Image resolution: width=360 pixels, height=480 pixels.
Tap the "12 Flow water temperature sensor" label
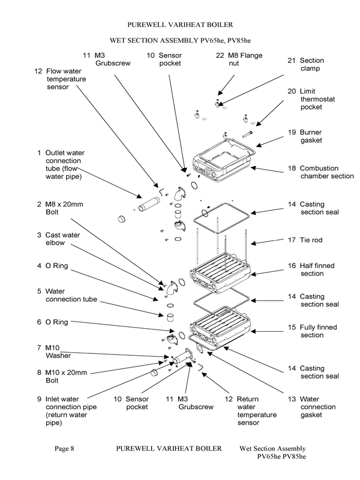[60, 79]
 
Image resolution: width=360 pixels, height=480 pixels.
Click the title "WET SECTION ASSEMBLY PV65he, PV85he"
[180, 40]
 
